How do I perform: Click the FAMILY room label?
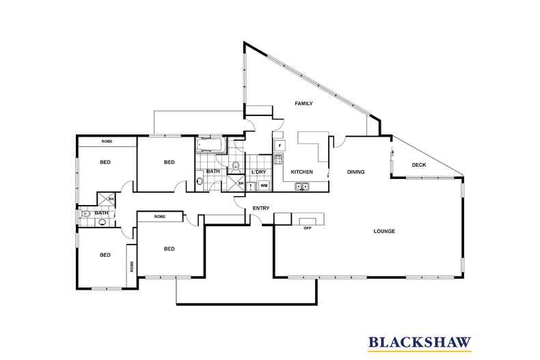coord(303,104)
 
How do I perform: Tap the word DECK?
coord(420,165)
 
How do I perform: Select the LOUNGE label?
coord(384,231)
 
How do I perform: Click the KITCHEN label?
coord(301,172)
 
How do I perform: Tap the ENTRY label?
coord(260,208)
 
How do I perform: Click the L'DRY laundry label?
coord(258,172)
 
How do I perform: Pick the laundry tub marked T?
coord(251,186)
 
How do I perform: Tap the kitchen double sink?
coord(301,186)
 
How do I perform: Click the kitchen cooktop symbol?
coord(278,160)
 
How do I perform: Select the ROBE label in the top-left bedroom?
coord(107,141)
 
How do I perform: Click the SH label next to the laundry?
coord(241,183)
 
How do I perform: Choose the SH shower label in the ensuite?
coord(111,199)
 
